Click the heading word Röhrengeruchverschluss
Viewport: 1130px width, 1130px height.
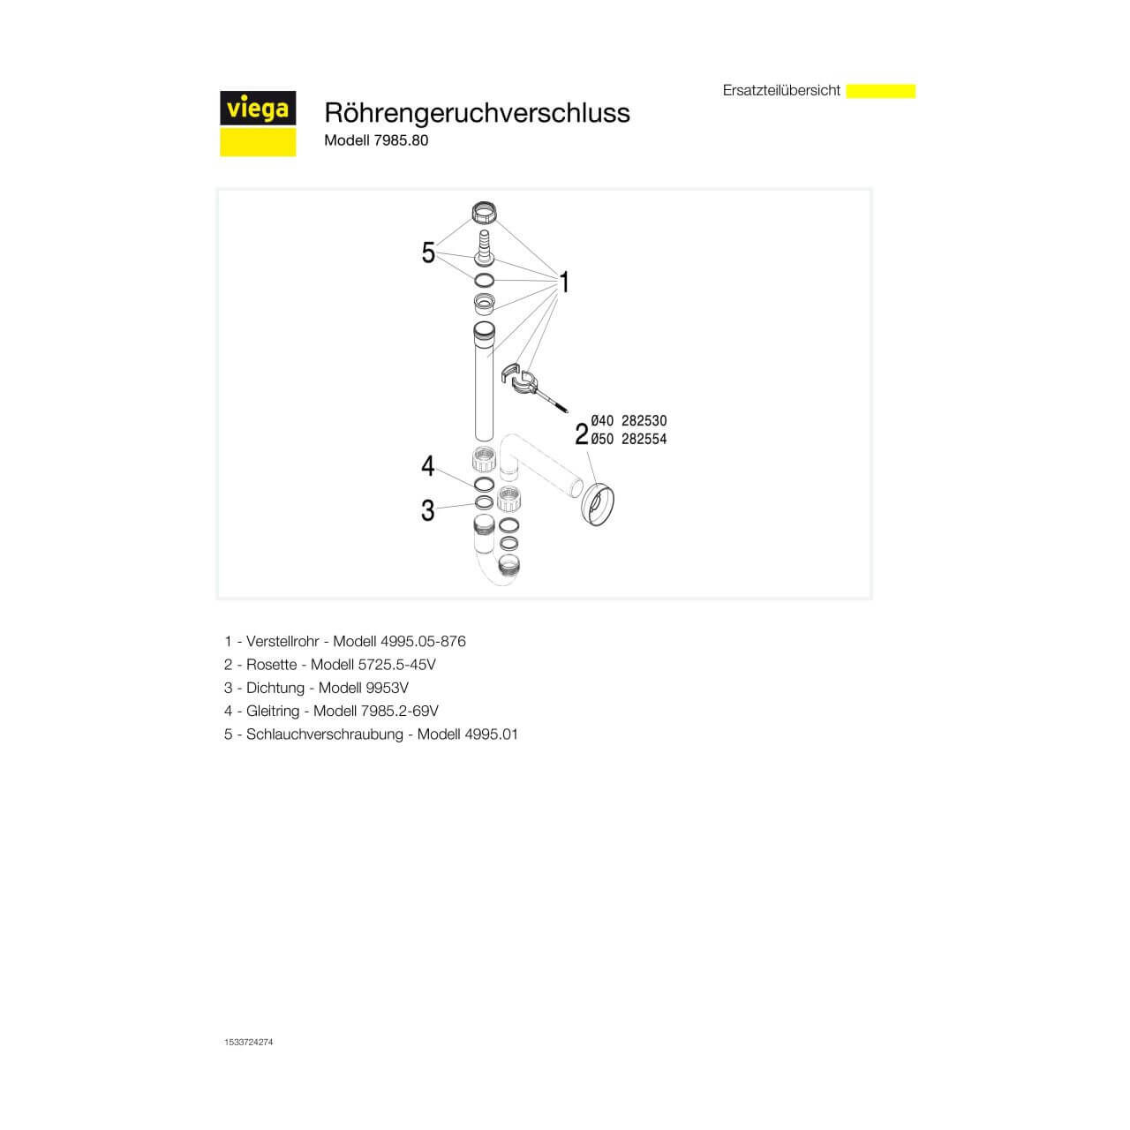click(x=477, y=113)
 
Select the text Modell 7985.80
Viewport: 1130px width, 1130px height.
click(x=376, y=140)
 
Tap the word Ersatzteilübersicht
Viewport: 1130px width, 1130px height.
click(x=781, y=91)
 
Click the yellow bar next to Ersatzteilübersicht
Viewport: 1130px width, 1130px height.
click(x=880, y=91)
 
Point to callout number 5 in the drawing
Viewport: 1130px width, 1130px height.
click(x=428, y=254)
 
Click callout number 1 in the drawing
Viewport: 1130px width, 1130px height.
click(x=564, y=282)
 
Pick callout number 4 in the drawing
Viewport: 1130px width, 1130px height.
click(x=428, y=465)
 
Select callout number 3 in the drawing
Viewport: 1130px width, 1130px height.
click(x=428, y=510)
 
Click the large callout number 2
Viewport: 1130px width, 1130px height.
click(x=581, y=434)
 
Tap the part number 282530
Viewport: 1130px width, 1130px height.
click(x=644, y=422)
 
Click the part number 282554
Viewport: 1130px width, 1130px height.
click(x=644, y=440)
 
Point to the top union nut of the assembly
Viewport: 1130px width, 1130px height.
click(x=483, y=215)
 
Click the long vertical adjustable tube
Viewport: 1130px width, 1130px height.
click(x=484, y=388)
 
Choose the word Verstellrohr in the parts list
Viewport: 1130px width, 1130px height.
click(x=282, y=642)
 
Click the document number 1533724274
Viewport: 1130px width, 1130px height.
click(x=249, y=1043)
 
